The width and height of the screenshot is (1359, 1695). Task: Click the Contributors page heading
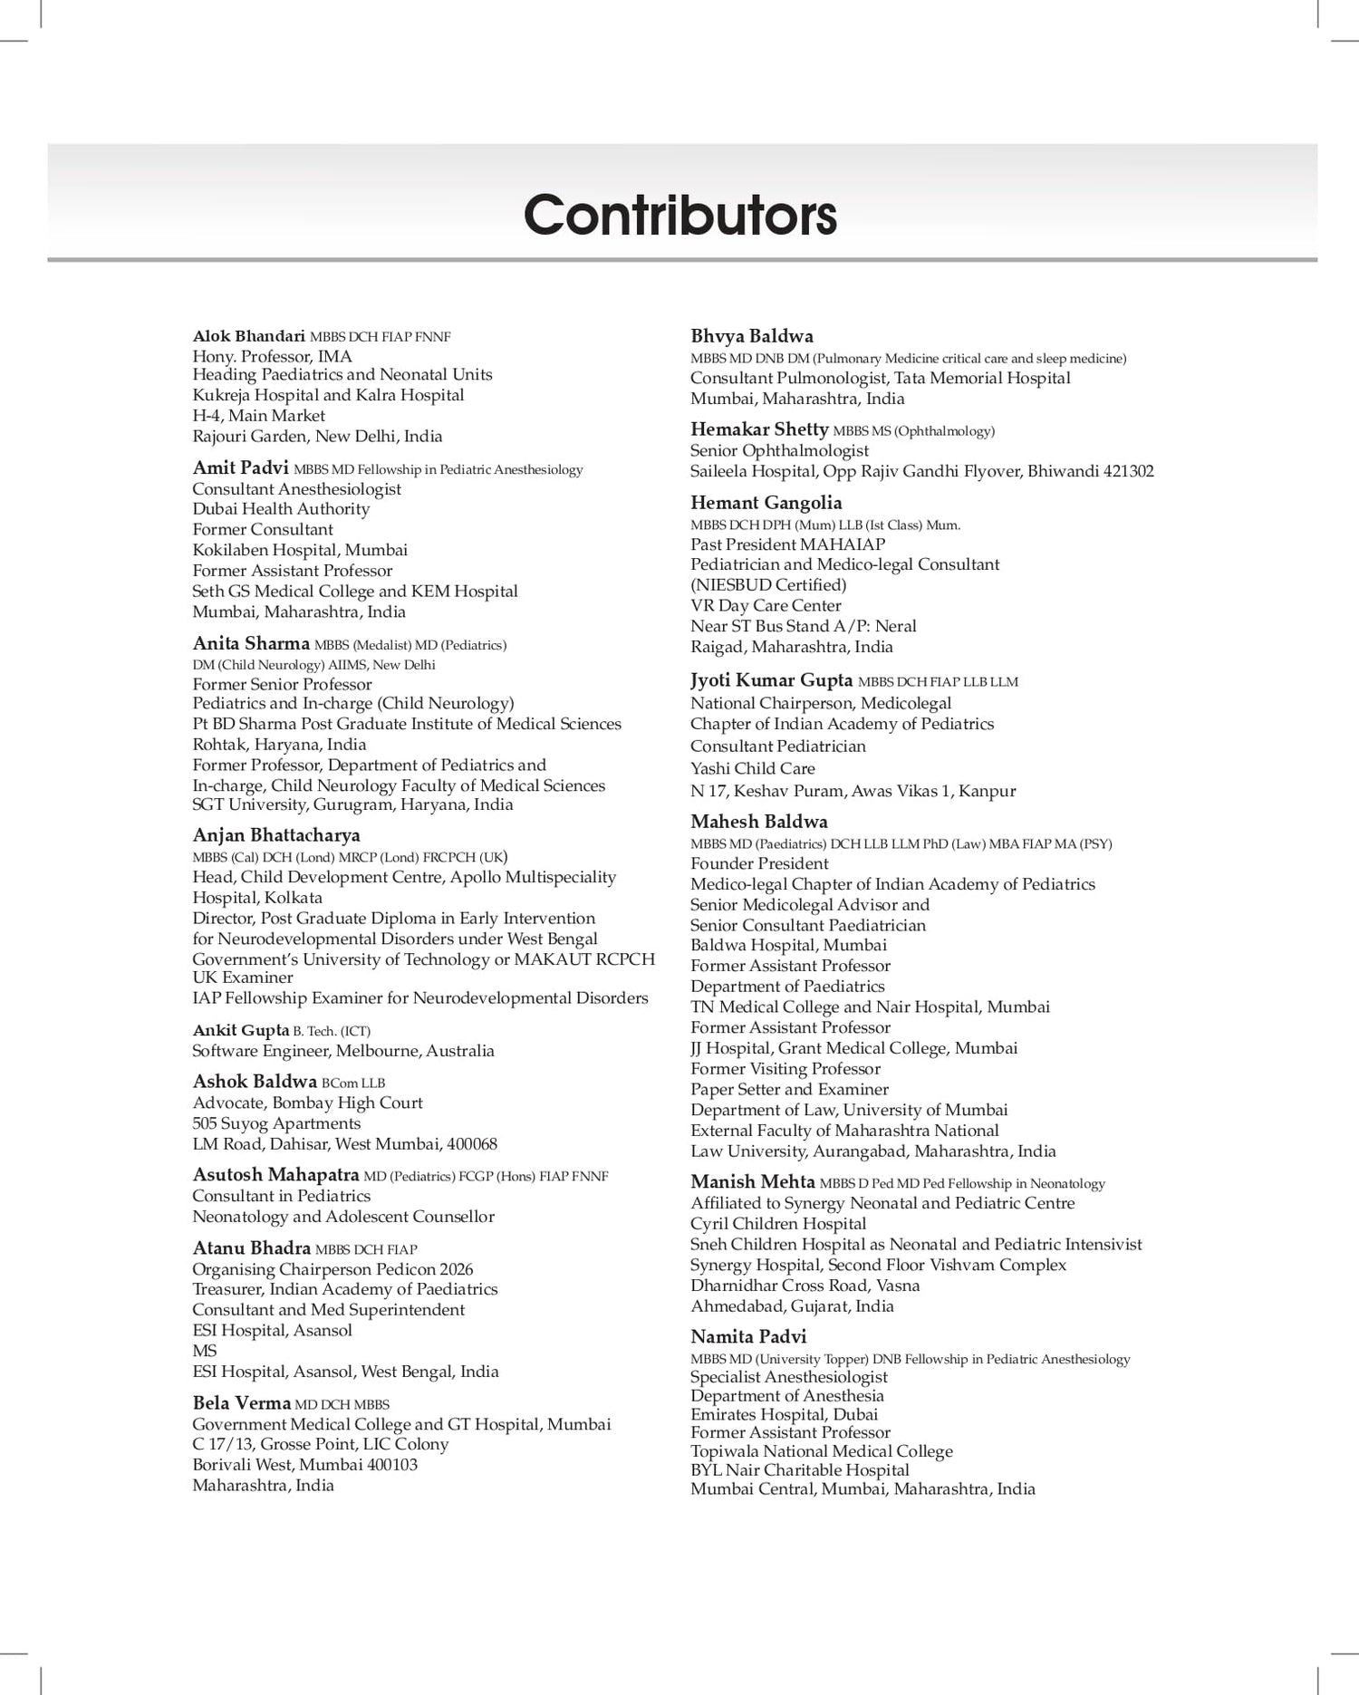(679, 215)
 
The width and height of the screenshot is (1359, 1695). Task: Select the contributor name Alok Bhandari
(248, 336)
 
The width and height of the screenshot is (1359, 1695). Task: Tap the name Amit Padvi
(240, 467)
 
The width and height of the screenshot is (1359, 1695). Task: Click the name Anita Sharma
(251, 643)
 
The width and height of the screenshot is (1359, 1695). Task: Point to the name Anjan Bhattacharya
(276, 834)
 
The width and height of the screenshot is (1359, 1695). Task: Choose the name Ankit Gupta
(240, 1030)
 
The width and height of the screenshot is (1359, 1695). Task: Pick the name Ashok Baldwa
(255, 1082)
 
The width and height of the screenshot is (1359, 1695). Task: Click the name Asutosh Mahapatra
(275, 1175)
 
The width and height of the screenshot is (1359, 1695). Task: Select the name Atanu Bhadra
(251, 1247)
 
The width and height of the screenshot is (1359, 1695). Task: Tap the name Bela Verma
(241, 1403)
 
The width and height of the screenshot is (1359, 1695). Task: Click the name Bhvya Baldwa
(752, 336)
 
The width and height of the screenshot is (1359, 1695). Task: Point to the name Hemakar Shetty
(759, 429)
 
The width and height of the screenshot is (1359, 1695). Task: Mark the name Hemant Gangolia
(766, 503)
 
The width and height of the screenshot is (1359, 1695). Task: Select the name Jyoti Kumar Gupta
(772, 680)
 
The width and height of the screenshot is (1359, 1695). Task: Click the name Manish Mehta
(753, 1181)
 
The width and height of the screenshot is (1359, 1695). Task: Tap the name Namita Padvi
(748, 1336)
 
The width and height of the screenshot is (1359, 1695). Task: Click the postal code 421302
(1128, 471)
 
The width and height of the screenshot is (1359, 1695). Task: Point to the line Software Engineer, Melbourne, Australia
(343, 1051)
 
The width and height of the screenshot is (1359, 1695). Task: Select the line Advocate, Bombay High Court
(307, 1103)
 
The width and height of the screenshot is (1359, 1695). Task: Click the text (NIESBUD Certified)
(768, 584)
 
